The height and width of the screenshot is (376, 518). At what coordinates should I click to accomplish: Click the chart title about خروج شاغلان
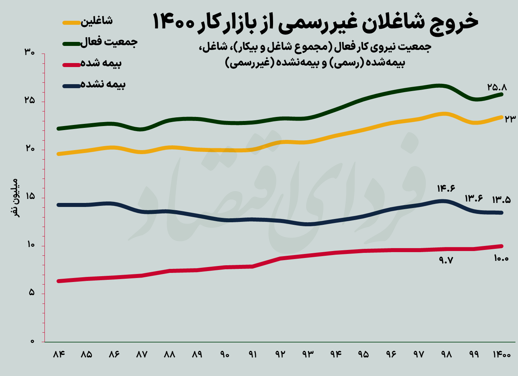coord(315,22)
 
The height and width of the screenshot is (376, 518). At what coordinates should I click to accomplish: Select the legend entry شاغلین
coord(96,21)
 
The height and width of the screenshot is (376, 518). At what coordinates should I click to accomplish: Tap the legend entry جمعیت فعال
coord(109,42)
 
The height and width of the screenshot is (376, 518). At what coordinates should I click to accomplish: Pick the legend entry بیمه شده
coord(101,63)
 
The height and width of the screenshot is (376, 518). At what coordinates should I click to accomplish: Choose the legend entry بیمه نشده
coord(103,85)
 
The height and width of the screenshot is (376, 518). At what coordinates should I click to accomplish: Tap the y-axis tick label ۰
coord(32,341)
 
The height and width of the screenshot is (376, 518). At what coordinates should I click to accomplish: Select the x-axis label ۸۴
coord(59,355)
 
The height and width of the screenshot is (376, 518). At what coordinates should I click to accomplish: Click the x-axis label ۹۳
coord(308,355)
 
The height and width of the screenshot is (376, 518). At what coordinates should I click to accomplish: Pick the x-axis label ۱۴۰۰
coord(502,355)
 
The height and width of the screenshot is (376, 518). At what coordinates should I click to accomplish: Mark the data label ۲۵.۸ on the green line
coord(497,87)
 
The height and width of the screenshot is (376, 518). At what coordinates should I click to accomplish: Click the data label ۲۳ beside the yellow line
coord(510,119)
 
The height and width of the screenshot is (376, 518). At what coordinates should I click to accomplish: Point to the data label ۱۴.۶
coord(446,188)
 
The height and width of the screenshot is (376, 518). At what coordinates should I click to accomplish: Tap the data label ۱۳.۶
coord(474,199)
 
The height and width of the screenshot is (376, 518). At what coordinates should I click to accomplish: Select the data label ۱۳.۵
coord(501,200)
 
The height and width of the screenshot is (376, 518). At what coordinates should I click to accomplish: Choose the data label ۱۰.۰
coord(501,259)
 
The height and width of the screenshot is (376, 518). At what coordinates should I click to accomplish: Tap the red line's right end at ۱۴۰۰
coord(502,246)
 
